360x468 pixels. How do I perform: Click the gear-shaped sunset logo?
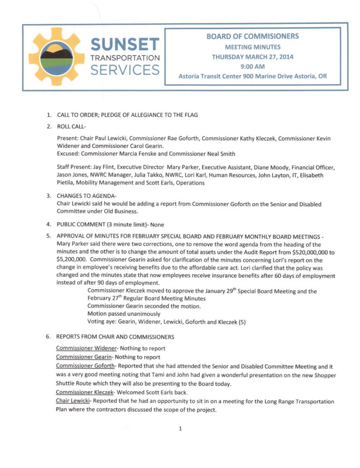click(x=56, y=57)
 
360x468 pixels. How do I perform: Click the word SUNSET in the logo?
click(x=125, y=45)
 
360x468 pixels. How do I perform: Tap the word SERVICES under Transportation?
click(x=125, y=70)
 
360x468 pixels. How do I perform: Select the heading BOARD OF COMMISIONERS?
click(x=253, y=36)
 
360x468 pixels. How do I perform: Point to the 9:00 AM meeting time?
click(x=253, y=66)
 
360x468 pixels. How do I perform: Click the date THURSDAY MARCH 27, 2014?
click(x=253, y=57)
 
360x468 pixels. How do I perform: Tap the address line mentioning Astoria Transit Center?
click(x=253, y=76)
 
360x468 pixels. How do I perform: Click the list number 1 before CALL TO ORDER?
click(x=49, y=115)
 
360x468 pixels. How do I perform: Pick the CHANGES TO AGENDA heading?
click(x=86, y=196)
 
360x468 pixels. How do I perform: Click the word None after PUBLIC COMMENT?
click(x=157, y=225)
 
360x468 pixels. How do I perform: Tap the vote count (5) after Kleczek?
click(x=242, y=322)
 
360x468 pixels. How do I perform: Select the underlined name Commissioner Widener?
click(x=86, y=348)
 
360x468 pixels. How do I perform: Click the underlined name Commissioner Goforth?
click(x=85, y=366)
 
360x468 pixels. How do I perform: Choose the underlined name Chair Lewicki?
click(x=73, y=401)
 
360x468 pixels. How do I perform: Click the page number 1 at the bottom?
click(x=181, y=429)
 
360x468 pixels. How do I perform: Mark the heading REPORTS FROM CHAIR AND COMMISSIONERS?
click(x=115, y=337)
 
